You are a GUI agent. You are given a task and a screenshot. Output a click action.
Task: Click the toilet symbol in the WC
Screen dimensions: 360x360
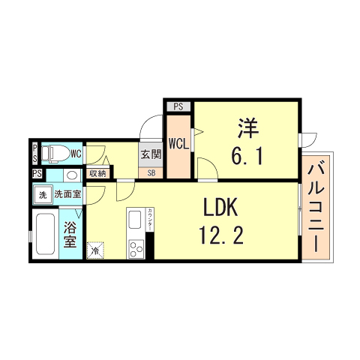[53, 153]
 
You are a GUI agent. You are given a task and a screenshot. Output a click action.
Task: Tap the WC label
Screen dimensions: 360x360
[76, 154]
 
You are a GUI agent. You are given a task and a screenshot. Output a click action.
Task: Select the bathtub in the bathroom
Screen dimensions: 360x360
[44, 235]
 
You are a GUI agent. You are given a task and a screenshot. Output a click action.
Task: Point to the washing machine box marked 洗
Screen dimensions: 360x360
[43, 194]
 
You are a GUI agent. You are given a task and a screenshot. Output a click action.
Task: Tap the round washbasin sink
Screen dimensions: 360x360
[70, 175]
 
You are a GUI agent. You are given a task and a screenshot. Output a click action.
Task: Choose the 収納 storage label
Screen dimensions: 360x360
[97, 174]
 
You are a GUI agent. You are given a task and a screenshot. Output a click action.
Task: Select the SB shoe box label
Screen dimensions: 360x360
[151, 173]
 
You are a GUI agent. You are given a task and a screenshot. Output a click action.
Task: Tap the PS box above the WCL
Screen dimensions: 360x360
[178, 106]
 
